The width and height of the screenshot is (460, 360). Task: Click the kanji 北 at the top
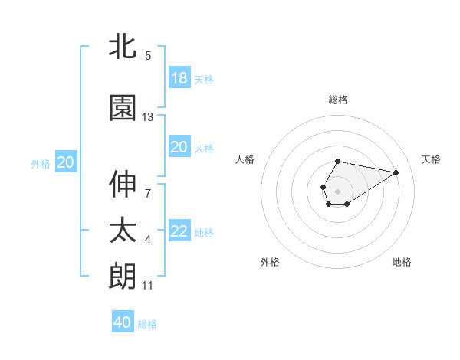click(x=123, y=46)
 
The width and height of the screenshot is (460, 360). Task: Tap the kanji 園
click(x=123, y=108)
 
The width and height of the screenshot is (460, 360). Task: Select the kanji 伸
click(x=123, y=184)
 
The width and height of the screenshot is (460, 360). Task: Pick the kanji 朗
click(x=123, y=276)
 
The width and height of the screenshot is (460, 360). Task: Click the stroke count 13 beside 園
click(x=148, y=117)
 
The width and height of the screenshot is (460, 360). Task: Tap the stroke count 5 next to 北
click(x=148, y=55)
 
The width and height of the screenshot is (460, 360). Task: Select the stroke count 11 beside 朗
click(x=148, y=286)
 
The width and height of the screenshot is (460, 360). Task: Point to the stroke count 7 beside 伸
click(x=148, y=193)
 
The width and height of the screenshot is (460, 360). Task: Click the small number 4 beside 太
click(x=148, y=241)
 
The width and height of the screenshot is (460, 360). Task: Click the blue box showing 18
click(x=179, y=77)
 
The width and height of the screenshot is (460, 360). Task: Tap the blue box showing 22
click(x=179, y=231)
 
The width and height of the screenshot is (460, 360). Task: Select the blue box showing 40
click(x=123, y=322)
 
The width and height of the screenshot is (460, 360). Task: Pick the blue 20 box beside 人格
click(x=179, y=147)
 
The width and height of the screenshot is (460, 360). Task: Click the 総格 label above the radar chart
click(x=337, y=100)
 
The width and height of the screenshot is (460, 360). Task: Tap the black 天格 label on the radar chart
click(x=431, y=159)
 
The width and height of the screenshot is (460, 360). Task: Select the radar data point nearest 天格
click(x=396, y=172)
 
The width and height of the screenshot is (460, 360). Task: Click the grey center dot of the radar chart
click(x=337, y=190)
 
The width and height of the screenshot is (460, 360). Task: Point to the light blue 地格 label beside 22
click(x=204, y=232)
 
